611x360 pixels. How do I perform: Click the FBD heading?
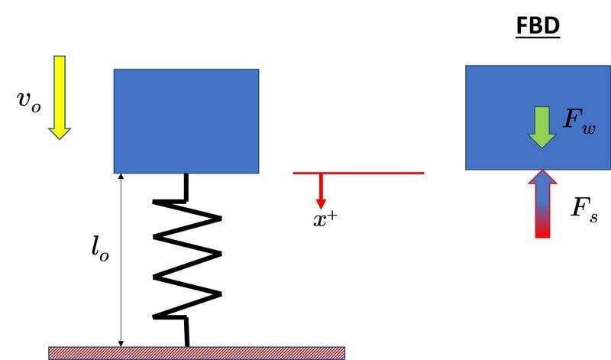click(x=538, y=26)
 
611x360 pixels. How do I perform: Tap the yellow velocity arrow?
click(x=60, y=98)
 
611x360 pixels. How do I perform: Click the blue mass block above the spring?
click(x=186, y=121)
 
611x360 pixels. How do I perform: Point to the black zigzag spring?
click(x=187, y=259)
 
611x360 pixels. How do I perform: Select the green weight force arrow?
click(x=541, y=127)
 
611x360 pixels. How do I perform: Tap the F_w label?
click(x=580, y=119)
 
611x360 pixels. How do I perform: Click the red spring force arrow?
click(x=542, y=203)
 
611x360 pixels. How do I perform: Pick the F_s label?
click(x=584, y=209)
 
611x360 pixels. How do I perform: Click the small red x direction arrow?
click(x=321, y=191)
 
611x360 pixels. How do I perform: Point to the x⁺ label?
click(x=325, y=219)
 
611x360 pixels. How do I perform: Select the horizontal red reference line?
click(x=358, y=173)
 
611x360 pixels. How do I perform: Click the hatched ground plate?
click(x=197, y=353)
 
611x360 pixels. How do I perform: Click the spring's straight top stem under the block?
click(x=186, y=187)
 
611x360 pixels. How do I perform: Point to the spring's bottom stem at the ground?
click(x=187, y=332)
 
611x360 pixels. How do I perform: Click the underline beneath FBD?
click(x=538, y=37)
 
